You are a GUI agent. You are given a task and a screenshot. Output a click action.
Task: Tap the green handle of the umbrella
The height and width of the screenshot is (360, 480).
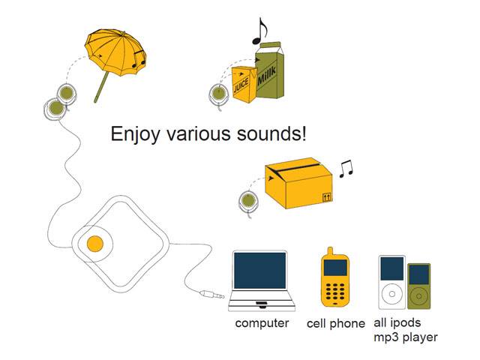click(102, 87)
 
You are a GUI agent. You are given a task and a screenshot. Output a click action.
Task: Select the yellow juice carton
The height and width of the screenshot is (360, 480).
click(244, 85)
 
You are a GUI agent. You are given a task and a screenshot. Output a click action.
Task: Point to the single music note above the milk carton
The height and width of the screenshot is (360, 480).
click(259, 31)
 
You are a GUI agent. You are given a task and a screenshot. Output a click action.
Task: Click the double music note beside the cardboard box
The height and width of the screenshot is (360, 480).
click(346, 169)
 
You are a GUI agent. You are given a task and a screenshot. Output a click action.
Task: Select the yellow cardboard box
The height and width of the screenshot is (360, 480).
click(298, 183)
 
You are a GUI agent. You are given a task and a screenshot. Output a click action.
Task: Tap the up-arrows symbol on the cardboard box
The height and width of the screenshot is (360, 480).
click(327, 197)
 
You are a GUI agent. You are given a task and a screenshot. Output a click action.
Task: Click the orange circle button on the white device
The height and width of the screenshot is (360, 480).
click(95, 244)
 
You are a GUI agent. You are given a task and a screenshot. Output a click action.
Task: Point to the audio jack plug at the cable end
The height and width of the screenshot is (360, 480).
click(211, 295)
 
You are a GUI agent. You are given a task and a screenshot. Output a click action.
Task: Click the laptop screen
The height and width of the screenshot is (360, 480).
click(260, 270)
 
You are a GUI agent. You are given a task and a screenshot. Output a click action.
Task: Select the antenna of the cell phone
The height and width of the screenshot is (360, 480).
click(330, 251)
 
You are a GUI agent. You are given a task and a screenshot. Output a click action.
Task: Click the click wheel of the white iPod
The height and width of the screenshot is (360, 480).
click(391, 294)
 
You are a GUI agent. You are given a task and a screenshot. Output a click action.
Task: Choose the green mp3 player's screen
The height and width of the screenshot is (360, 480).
click(419, 274)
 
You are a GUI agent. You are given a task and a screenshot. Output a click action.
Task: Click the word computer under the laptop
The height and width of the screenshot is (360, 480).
click(262, 323)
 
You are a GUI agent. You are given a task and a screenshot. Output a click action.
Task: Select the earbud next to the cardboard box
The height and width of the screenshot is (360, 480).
click(248, 201)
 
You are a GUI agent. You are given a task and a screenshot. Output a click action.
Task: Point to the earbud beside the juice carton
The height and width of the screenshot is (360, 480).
click(218, 93)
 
